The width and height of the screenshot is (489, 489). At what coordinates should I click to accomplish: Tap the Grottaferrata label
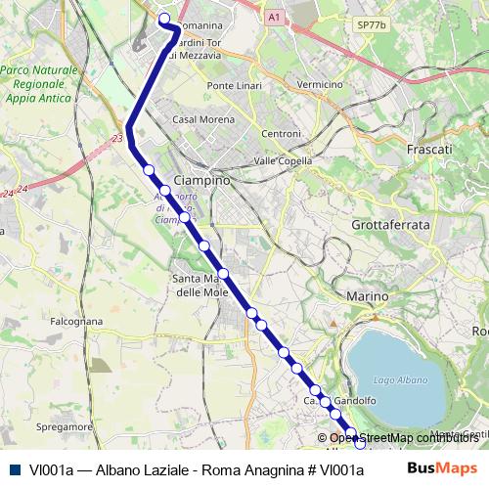coord(390,225)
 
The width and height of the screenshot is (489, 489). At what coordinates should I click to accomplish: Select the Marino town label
coord(369,294)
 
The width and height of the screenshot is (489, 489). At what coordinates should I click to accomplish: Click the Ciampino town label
coord(201,182)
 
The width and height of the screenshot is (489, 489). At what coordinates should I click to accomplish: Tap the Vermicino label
coord(319,85)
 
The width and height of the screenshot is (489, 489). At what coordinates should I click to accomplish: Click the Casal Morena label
coord(199,118)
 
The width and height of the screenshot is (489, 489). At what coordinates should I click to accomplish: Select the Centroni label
coord(282,133)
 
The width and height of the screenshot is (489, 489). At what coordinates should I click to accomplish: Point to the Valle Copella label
coord(282,160)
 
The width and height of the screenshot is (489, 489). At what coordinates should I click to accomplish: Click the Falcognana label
coord(76,320)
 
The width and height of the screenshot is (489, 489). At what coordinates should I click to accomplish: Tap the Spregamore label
coord(64,427)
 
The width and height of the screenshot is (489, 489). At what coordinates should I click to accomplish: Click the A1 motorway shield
coord(274,17)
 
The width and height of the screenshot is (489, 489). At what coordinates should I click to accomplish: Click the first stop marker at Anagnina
coord(164,19)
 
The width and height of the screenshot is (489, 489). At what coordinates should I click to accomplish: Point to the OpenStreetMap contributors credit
coord(403,438)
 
